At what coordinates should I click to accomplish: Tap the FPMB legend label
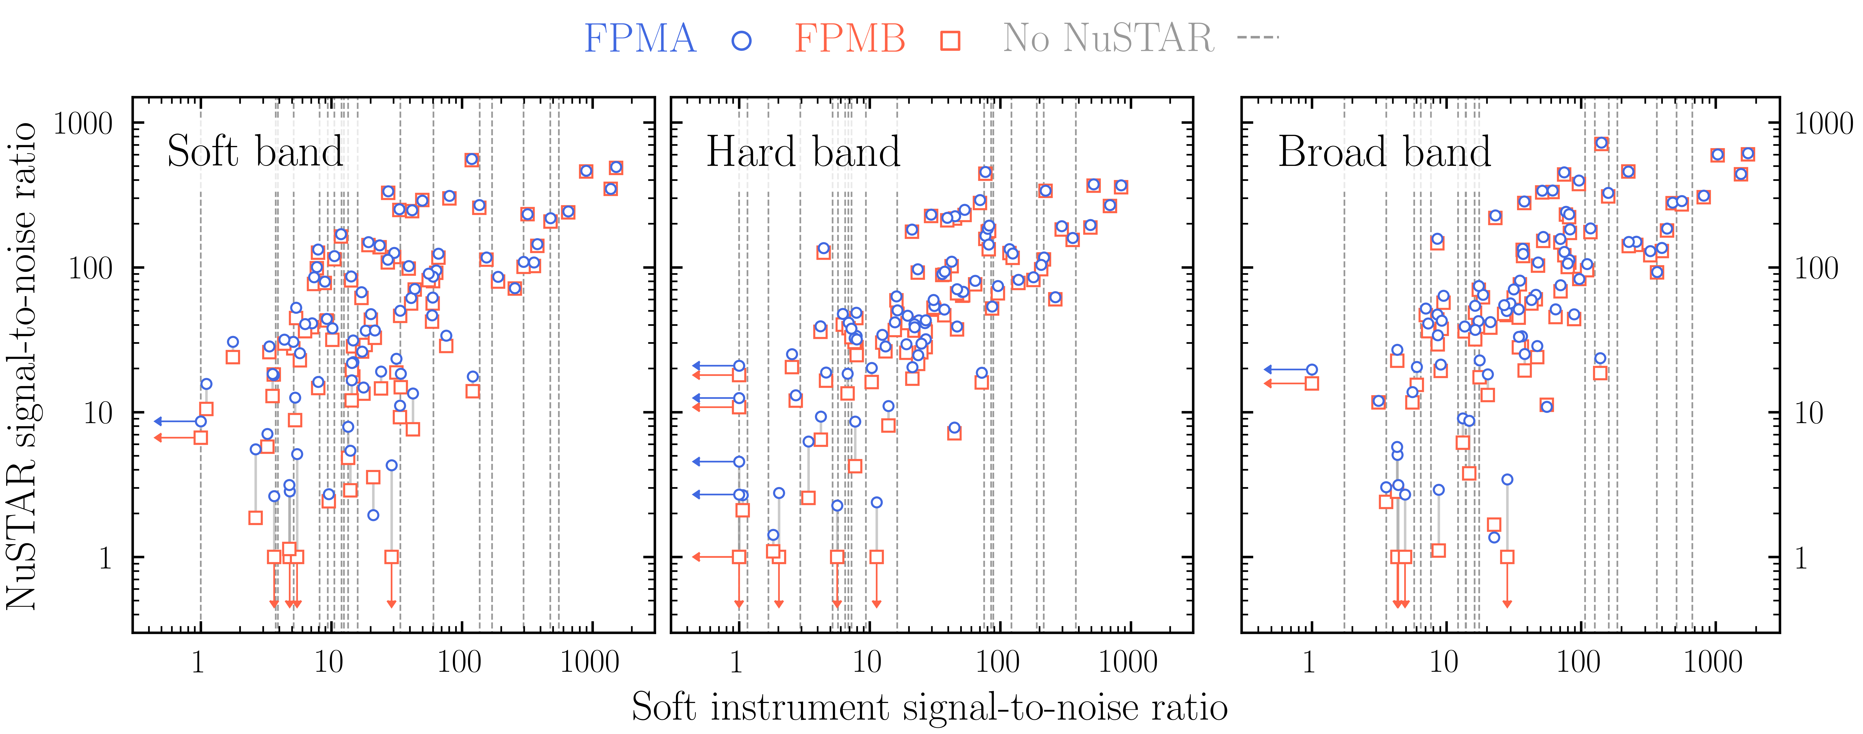(850, 39)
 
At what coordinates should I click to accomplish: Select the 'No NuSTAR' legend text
(1108, 39)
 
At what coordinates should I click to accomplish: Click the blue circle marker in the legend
(741, 40)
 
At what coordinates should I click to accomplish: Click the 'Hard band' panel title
(803, 152)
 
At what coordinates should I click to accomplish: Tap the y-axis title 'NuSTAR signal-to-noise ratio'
(22, 365)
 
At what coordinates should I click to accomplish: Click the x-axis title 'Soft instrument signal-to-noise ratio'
(929, 706)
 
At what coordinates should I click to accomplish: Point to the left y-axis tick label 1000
(83, 124)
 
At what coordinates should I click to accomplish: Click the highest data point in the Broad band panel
(1601, 143)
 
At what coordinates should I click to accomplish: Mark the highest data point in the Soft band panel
(472, 159)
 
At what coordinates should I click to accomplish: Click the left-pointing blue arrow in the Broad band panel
(1287, 369)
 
